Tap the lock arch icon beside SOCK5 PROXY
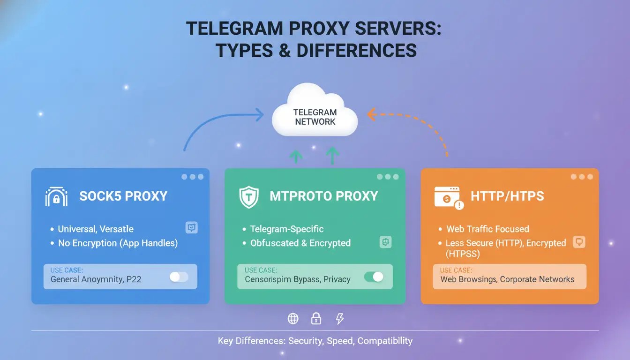click(x=56, y=196)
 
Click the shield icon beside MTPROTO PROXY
click(x=248, y=197)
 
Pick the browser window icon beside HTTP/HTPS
click(x=449, y=198)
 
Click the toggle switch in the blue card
click(x=179, y=277)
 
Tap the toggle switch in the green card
click(x=374, y=277)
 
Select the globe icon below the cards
click(x=293, y=319)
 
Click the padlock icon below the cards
click(x=316, y=318)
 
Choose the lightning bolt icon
click(x=340, y=319)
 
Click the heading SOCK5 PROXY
click(x=123, y=196)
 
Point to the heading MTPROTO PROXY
click(x=324, y=196)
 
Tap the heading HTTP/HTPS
click(x=507, y=196)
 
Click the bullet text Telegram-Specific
click(x=287, y=229)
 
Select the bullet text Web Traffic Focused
click(x=487, y=229)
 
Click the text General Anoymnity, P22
click(x=96, y=279)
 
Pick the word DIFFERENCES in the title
click(x=357, y=50)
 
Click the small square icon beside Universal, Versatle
click(x=192, y=227)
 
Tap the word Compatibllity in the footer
click(x=385, y=341)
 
